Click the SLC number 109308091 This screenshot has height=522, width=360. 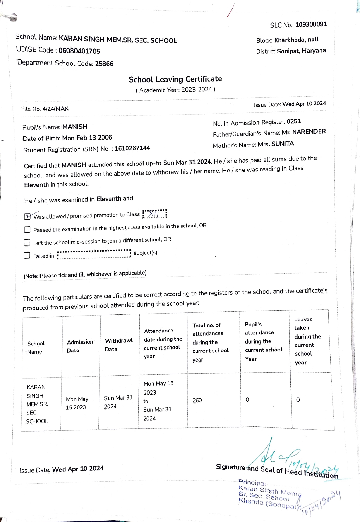[311, 24]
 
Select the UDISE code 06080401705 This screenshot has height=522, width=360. [79, 51]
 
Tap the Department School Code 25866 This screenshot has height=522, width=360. [104, 64]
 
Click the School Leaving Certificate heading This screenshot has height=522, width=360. [175, 79]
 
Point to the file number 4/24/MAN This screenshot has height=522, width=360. [55, 109]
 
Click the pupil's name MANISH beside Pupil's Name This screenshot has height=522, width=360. [75, 127]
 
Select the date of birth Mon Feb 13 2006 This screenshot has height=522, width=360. [87, 138]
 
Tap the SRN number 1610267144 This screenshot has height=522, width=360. [132, 148]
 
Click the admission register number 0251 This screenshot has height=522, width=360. [294, 121]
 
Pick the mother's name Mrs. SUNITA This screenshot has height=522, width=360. [276, 144]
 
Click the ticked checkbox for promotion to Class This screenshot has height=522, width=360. [28, 216]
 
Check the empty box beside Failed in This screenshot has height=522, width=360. [27, 256]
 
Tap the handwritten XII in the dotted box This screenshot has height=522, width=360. [155, 214]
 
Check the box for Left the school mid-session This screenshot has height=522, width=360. [27, 243]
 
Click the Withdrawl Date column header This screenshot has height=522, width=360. [119, 345]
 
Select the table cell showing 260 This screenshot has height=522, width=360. [197, 400]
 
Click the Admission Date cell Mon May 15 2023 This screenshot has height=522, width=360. [77, 403]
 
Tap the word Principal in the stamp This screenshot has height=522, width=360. [252, 482]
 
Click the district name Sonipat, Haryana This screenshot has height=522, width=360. [301, 51]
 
